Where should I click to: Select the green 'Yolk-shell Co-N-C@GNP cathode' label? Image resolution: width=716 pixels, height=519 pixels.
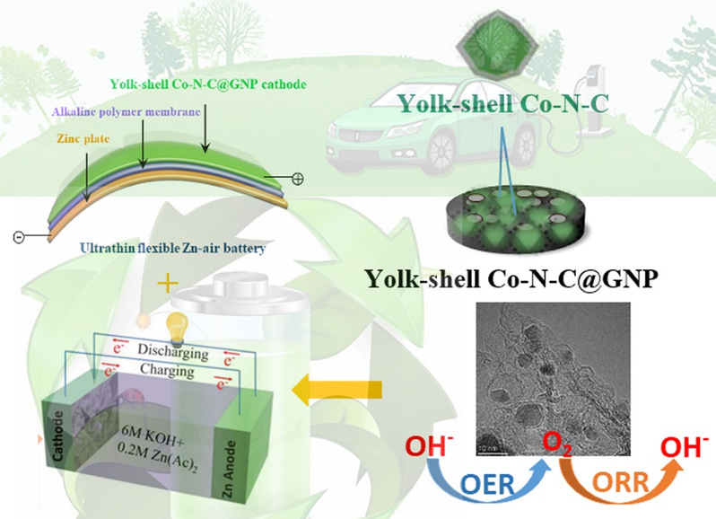tap(207, 84)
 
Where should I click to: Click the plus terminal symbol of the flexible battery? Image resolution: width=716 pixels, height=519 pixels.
tap(298, 179)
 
